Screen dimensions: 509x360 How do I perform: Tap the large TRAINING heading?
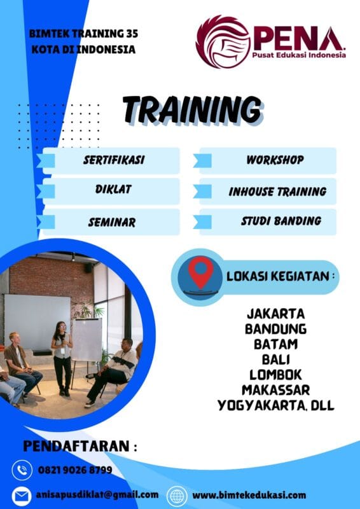[191, 110]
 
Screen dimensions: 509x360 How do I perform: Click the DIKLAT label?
[113, 190]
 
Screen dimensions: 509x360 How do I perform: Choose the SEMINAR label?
[112, 222]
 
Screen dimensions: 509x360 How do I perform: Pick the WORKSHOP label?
[275, 160]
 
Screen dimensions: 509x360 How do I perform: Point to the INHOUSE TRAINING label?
[277, 191]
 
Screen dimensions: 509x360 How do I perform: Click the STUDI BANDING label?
[280, 221]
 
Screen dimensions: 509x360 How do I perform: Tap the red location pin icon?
[200, 272]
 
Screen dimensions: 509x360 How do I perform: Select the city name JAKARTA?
[275, 314]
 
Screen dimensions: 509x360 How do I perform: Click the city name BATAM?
[275, 344]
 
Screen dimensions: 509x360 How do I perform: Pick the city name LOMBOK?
[275, 375]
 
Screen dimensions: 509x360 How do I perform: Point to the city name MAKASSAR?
[275, 389]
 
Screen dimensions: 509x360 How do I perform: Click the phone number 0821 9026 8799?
[76, 470]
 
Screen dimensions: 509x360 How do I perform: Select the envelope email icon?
[22, 495]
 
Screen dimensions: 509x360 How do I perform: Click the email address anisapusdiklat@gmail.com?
[97, 494]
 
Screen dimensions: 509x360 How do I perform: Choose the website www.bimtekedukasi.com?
[249, 495]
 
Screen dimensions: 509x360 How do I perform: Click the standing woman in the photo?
[62, 356]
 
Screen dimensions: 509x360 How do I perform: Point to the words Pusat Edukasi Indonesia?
[300, 55]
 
